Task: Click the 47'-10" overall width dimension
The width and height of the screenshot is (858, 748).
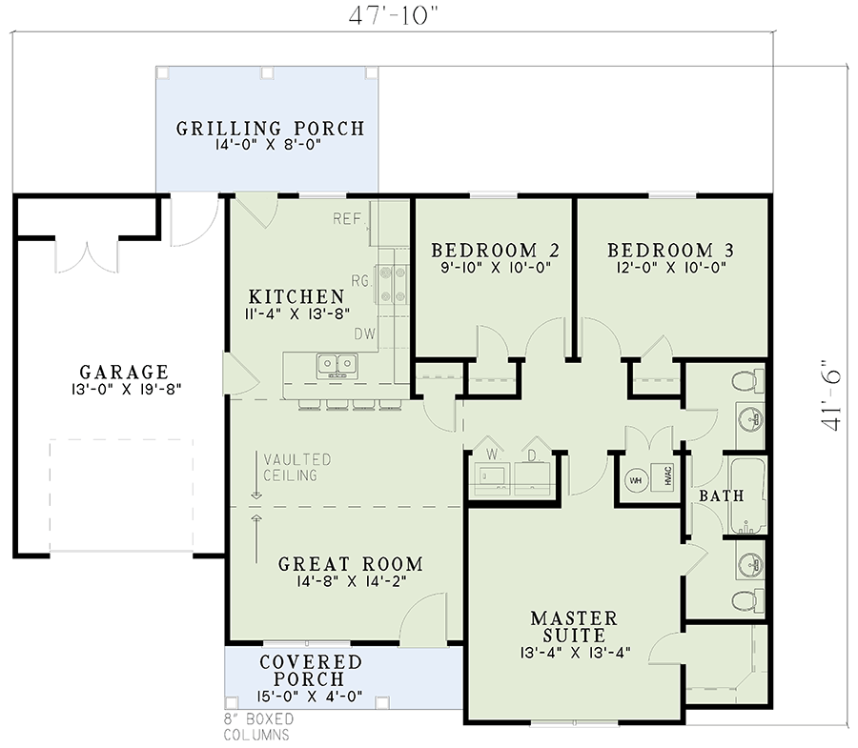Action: pos(394,15)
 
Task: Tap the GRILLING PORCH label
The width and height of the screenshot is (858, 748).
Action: pos(270,129)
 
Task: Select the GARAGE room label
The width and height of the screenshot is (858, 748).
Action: pos(124,373)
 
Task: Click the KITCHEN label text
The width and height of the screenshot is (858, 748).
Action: pos(296,297)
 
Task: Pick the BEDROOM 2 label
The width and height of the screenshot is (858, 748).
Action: pos(495,251)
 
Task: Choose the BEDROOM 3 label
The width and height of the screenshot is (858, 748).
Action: pos(670,251)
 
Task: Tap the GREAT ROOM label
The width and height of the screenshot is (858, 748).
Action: pos(351,564)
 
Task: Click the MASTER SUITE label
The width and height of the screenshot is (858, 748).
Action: pos(574,627)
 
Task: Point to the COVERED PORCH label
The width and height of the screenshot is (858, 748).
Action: pos(310,671)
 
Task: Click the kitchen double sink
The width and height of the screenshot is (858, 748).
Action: pos(337,366)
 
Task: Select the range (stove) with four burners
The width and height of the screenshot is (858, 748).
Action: pos(392,284)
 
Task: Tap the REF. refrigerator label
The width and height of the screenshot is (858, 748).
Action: pos(348,219)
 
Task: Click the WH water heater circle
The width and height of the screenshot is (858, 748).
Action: pos(636,480)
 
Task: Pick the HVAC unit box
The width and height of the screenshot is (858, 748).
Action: pos(663,475)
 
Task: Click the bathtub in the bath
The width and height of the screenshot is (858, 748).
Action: pos(748,495)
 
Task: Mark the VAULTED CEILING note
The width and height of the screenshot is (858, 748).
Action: pos(297,468)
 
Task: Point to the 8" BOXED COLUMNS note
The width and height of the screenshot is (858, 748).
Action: pos(258,727)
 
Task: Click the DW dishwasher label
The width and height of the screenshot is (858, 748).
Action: pos(364,334)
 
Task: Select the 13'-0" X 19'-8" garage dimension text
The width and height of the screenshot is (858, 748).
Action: pos(126,390)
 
